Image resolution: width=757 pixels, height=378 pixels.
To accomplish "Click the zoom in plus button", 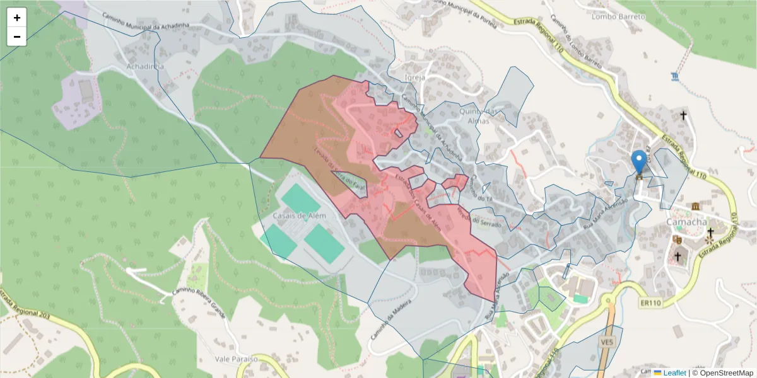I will click(17, 18).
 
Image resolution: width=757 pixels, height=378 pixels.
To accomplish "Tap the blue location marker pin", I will click(639, 162).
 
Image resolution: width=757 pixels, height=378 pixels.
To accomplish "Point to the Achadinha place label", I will click(145, 66).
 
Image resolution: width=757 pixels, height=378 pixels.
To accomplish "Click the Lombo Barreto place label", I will click(618, 17).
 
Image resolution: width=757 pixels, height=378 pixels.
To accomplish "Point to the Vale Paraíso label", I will click(237, 358).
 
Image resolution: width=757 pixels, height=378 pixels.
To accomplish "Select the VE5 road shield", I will click(607, 342).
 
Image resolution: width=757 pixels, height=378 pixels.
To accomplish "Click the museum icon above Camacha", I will click(695, 207).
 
